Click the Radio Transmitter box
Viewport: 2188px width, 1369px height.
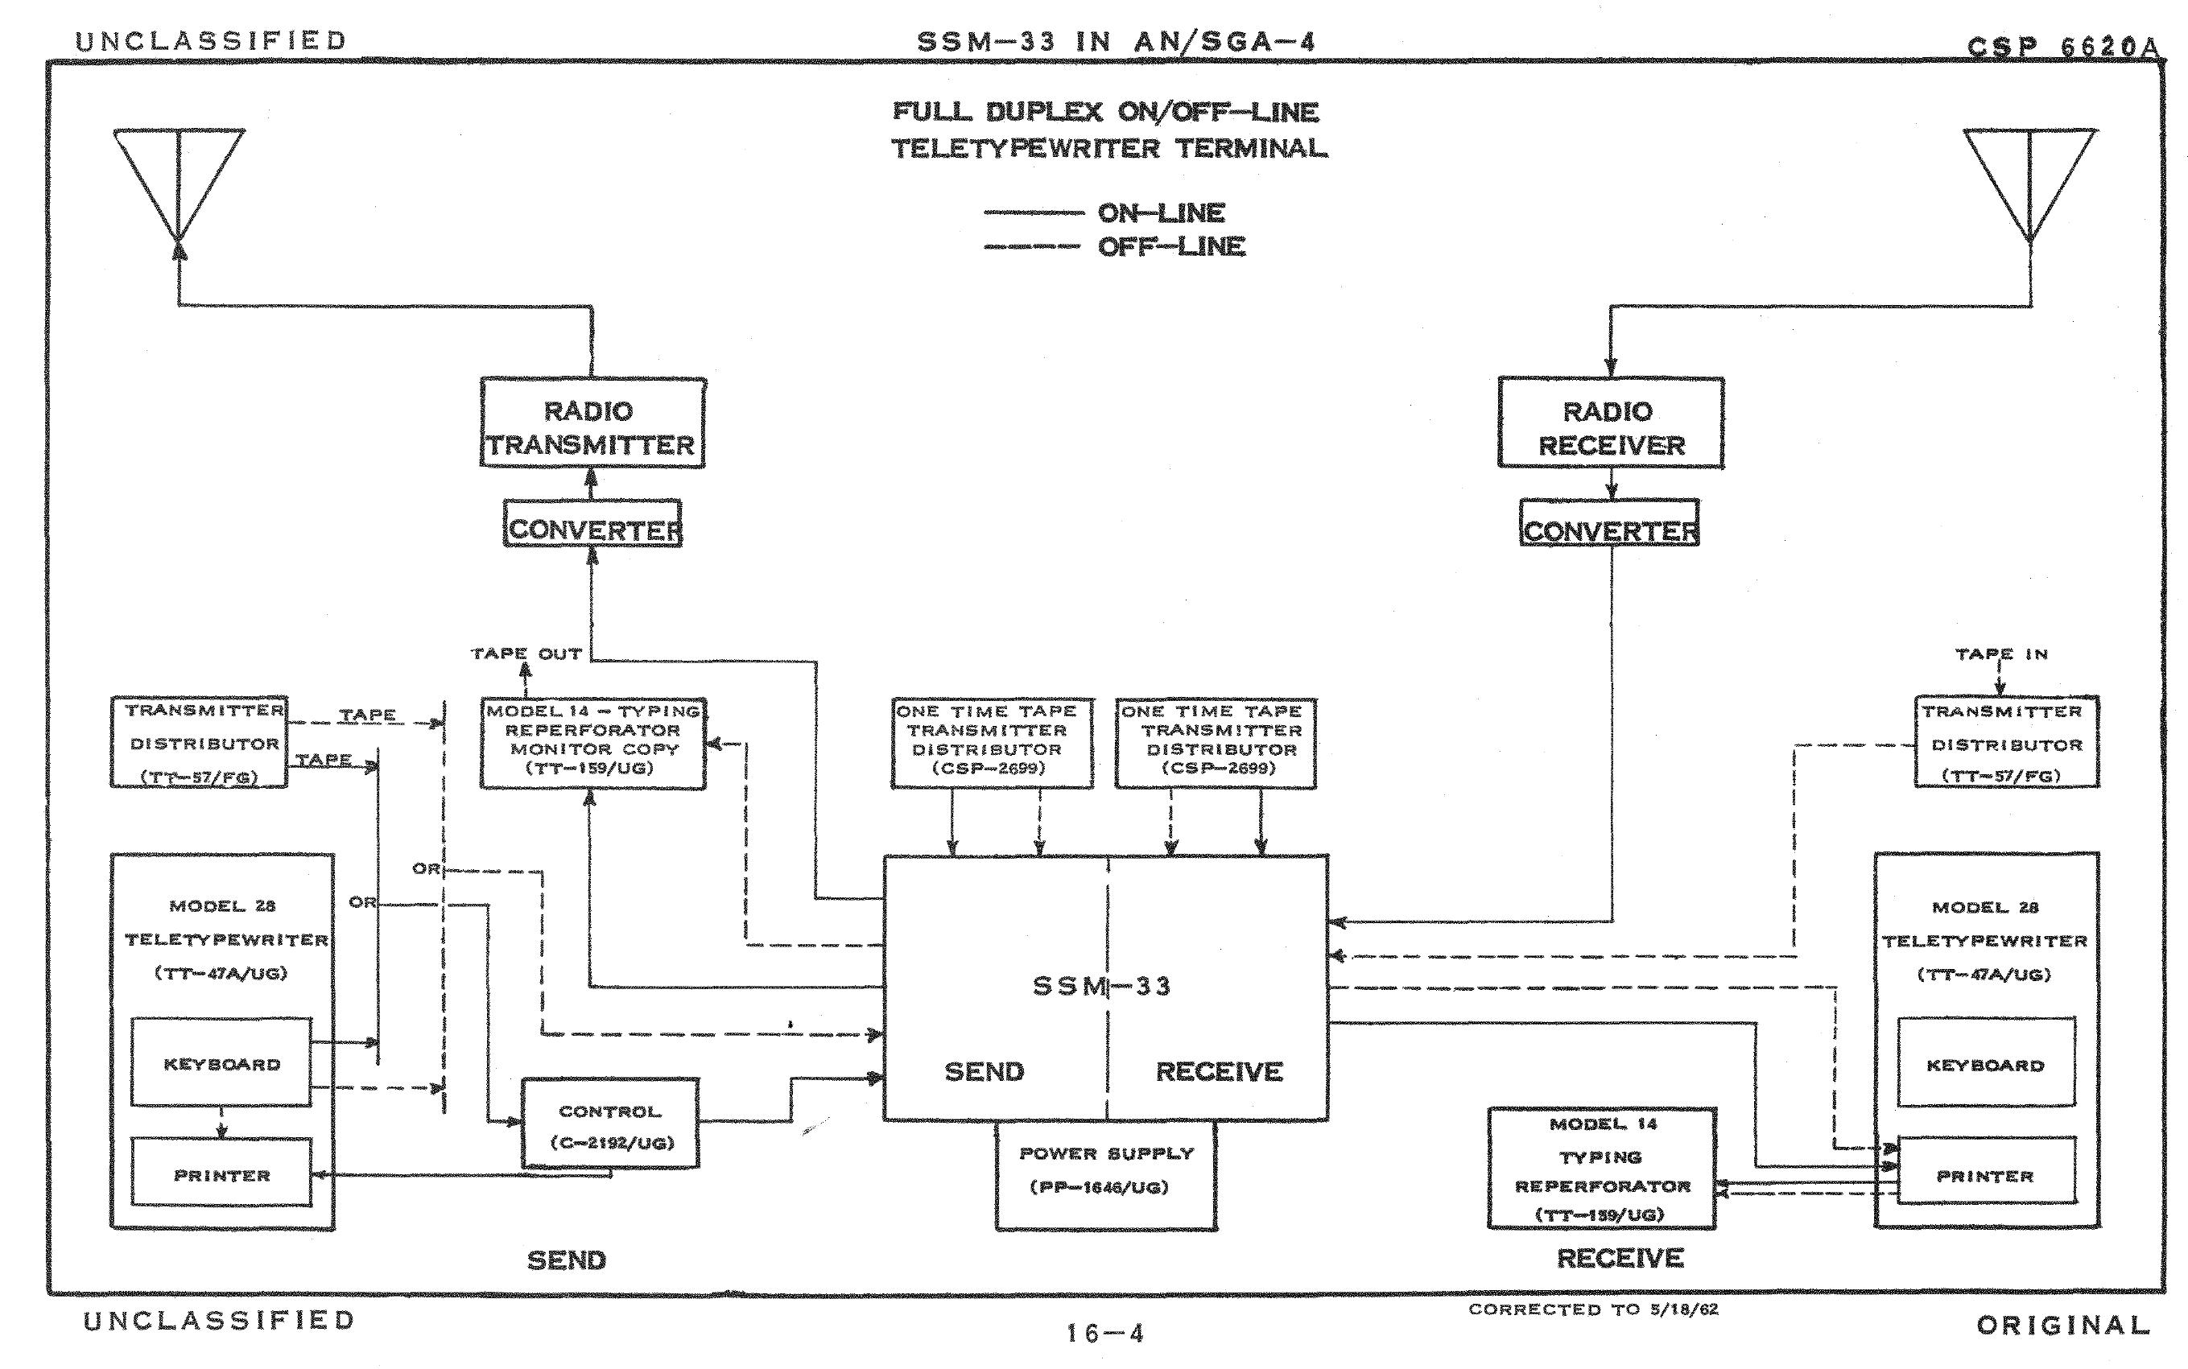point(592,423)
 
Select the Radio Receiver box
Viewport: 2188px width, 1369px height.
point(1610,423)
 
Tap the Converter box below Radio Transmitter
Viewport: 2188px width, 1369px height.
point(592,524)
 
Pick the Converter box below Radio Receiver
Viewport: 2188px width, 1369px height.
point(1609,524)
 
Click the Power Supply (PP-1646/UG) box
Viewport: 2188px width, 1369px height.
point(1106,1174)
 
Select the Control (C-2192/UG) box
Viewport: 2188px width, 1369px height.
point(610,1123)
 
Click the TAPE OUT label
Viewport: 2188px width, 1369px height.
point(526,654)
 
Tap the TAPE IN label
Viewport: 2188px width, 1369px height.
point(2001,654)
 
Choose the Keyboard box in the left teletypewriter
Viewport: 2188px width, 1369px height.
point(222,1062)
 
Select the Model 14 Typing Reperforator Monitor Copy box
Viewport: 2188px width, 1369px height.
point(593,742)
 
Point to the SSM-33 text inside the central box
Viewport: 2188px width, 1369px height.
point(1102,985)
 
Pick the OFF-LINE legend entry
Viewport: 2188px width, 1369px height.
point(1171,246)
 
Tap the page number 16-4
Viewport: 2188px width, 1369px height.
point(1104,1333)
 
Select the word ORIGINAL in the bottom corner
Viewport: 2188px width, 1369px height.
point(2063,1326)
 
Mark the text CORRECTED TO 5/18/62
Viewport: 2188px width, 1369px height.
point(1593,1309)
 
